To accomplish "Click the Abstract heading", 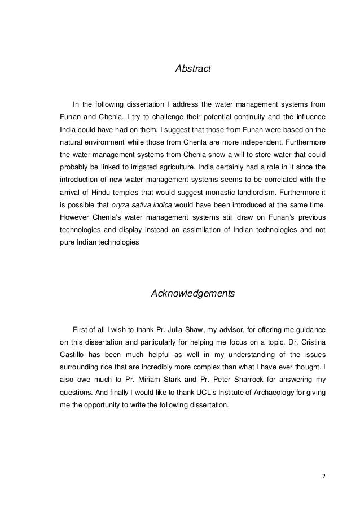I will pos(193,69).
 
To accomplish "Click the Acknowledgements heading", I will pos(192,294).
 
